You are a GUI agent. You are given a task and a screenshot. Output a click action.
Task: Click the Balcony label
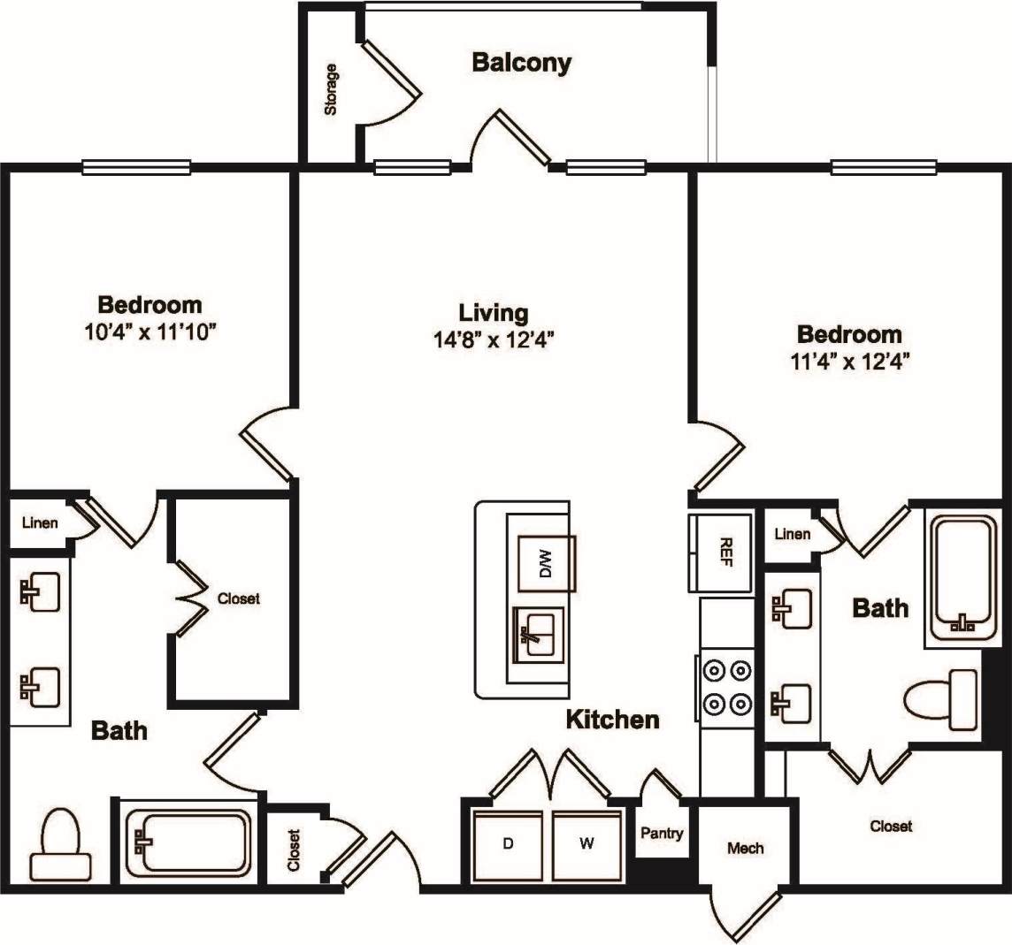[521, 63]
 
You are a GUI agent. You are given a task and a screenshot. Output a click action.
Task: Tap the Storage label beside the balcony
[331, 89]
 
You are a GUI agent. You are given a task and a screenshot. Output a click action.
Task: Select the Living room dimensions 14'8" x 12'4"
[494, 340]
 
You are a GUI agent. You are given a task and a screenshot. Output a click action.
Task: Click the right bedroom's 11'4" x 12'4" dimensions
[848, 361]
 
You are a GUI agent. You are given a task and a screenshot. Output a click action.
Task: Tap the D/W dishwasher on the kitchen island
[546, 562]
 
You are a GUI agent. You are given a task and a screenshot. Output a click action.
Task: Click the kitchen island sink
[535, 634]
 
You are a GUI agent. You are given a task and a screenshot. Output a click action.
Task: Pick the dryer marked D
[508, 844]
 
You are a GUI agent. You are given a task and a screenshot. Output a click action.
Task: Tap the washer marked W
[586, 844]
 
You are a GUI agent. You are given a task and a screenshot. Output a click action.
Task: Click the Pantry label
[662, 834]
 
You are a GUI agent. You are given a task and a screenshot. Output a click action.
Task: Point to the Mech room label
[745, 849]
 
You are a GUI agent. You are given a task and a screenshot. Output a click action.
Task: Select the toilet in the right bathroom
[943, 699]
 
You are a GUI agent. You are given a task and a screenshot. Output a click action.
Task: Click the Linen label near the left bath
[40, 523]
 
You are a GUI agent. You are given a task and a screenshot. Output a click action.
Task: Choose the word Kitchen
[612, 720]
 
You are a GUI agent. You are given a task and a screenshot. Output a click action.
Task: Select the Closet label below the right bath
[890, 827]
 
